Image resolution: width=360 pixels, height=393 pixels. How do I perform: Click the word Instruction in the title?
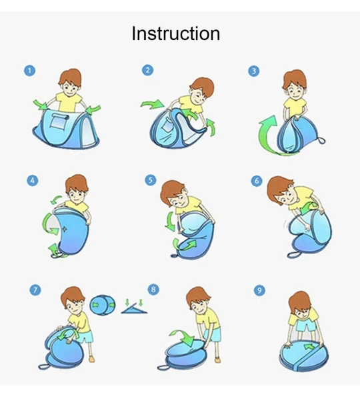[176, 33]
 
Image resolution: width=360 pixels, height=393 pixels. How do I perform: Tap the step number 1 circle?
[30, 71]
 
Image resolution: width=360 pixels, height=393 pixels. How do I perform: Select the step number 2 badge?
[147, 70]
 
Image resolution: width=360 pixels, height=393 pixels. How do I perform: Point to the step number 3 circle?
[254, 71]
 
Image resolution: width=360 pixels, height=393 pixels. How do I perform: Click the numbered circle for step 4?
[33, 180]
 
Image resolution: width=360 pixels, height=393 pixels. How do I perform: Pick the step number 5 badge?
[151, 180]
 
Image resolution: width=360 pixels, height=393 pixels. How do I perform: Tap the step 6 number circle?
[257, 180]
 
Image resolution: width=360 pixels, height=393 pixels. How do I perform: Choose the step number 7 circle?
[35, 290]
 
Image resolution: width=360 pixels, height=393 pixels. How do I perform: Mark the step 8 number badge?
[153, 290]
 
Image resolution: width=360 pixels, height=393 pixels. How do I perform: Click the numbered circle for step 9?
[259, 290]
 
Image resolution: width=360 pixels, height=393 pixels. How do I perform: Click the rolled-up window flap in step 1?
[61, 116]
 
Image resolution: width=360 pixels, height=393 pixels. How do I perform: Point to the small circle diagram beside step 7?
[103, 305]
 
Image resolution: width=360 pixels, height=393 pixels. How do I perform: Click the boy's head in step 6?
[281, 190]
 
